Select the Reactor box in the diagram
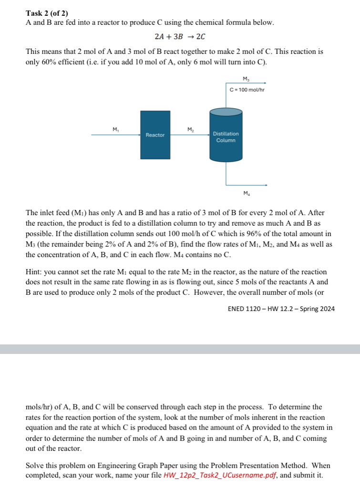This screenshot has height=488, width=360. click(155, 135)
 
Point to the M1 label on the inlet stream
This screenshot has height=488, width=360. click(115, 129)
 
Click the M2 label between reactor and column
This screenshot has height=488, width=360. click(190, 129)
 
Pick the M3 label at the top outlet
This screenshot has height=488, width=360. click(246, 78)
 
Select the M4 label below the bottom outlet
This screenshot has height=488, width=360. click(246, 193)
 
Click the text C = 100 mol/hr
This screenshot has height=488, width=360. click(246, 90)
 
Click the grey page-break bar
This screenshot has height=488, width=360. click(180, 349)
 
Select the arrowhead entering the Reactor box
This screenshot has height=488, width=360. click(138, 135)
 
